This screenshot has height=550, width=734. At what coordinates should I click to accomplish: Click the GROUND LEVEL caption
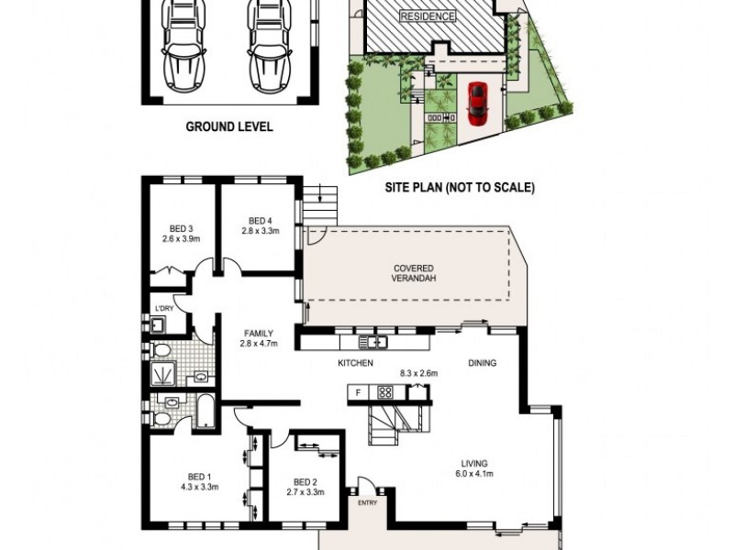pyautogui.click(x=229, y=127)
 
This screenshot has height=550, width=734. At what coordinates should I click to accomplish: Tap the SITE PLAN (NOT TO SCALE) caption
pyautogui.click(x=458, y=188)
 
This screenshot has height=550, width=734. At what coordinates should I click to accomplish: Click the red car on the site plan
pyautogui.click(x=476, y=104)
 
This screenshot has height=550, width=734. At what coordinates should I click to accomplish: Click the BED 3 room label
pyautogui.click(x=180, y=234)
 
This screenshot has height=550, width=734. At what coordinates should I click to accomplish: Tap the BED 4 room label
pyautogui.click(x=260, y=225)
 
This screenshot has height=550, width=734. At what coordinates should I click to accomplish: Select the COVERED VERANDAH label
pyautogui.click(x=413, y=273)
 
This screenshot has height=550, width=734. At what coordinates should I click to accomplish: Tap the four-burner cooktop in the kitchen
pyautogui.click(x=385, y=393)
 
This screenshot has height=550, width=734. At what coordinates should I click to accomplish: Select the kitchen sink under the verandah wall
pyautogui.click(x=373, y=343)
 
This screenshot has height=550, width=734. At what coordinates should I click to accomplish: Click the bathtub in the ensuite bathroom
pyautogui.click(x=205, y=412)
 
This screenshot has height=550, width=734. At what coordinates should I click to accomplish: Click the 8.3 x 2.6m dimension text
pyautogui.click(x=418, y=373)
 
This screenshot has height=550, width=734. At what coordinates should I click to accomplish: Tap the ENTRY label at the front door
pyautogui.click(x=367, y=502)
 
